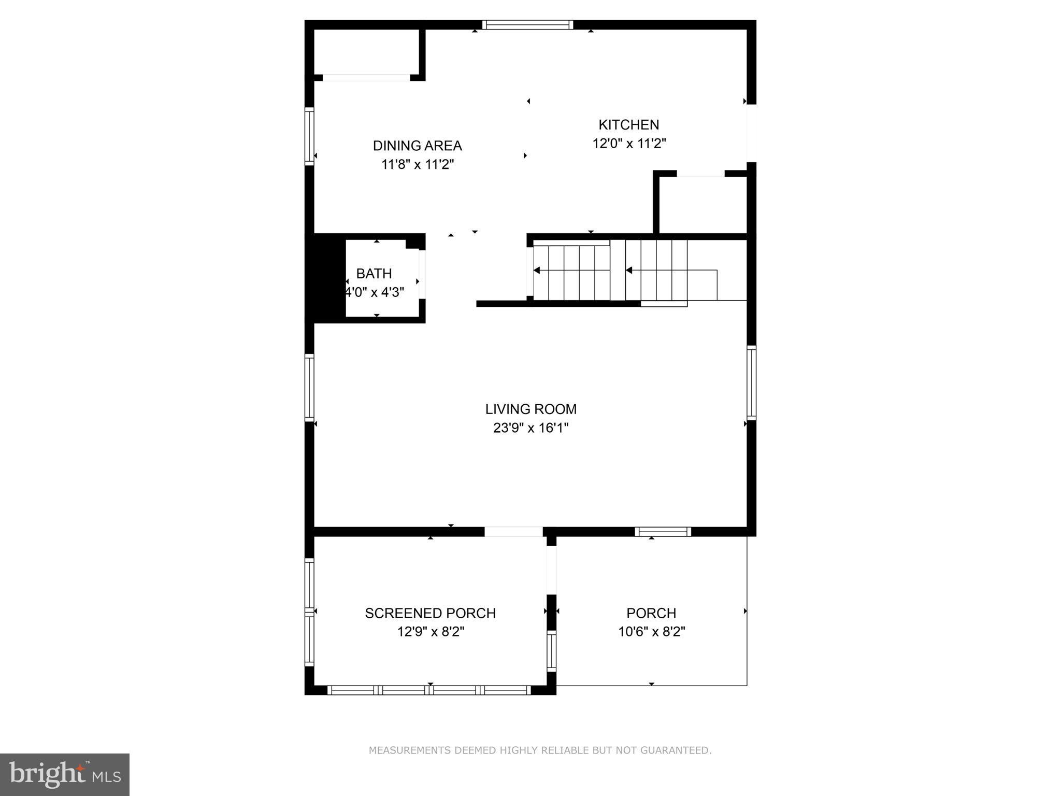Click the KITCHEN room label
(x=628, y=125)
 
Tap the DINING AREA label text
(x=417, y=146)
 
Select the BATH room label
(x=374, y=274)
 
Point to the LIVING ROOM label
(x=530, y=409)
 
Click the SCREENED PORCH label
(x=430, y=613)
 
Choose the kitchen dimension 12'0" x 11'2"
(x=629, y=144)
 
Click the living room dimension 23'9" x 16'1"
(x=530, y=428)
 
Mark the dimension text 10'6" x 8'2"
(x=651, y=632)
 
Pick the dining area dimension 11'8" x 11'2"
(x=418, y=165)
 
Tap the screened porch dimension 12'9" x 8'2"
(x=430, y=632)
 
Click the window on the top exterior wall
(x=527, y=24)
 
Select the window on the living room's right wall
(x=751, y=382)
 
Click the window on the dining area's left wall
(x=309, y=136)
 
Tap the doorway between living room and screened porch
(x=513, y=532)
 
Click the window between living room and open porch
(x=663, y=532)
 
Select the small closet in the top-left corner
(x=366, y=52)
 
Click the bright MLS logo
(x=65, y=774)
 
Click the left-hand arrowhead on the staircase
(x=537, y=271)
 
